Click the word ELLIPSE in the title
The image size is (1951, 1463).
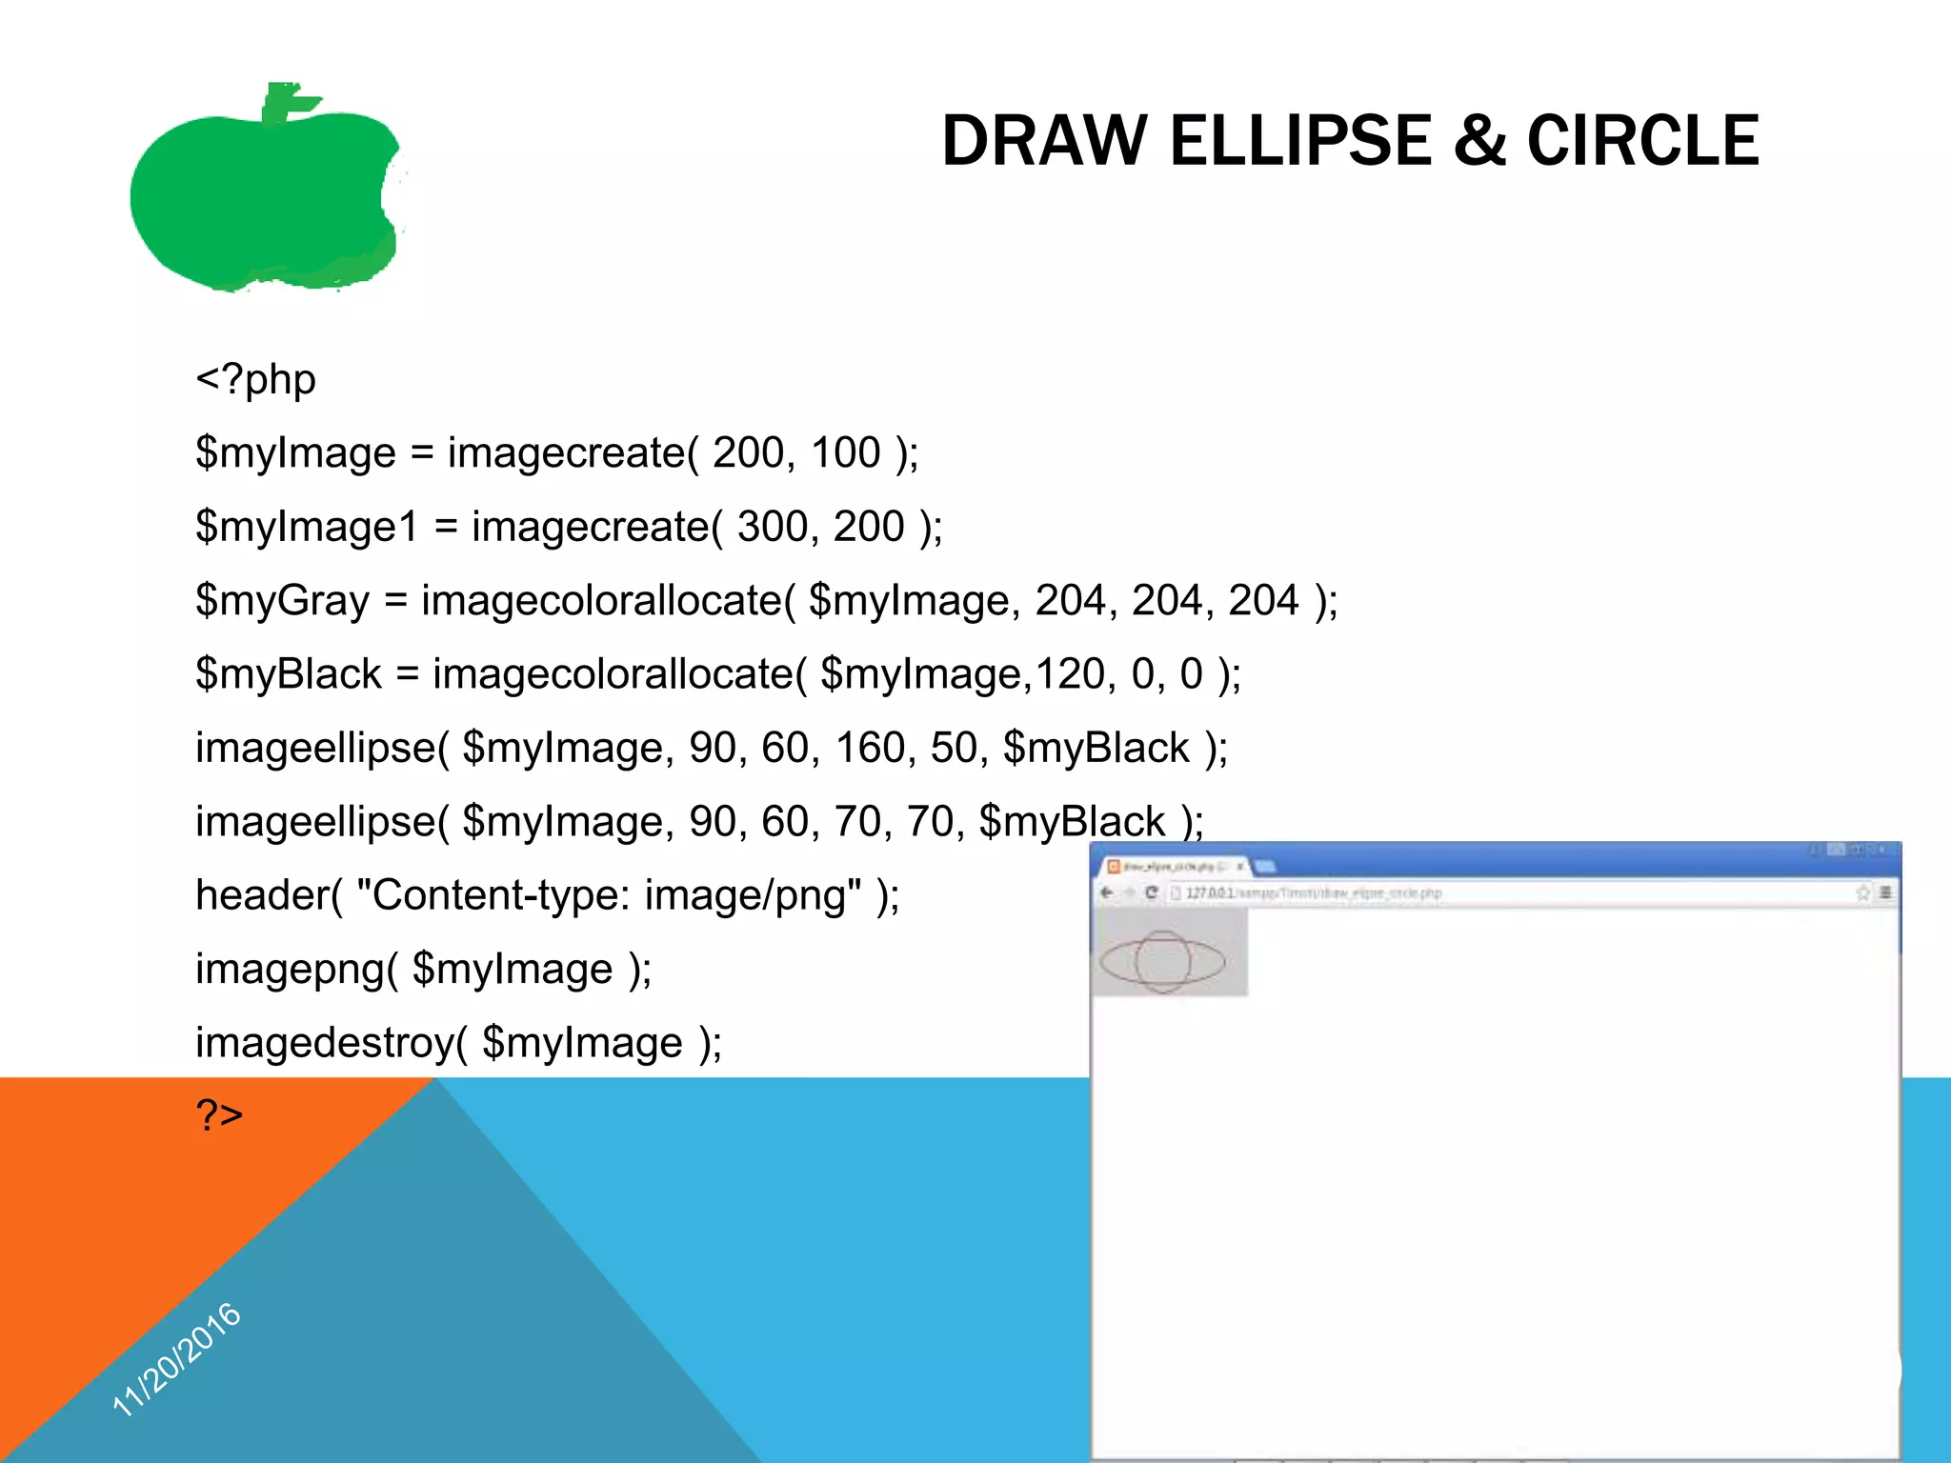coord(1300,141)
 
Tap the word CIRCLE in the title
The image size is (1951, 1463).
coord(1643,141)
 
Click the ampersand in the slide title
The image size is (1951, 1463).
coord(1479,141)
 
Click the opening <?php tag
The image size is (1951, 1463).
coord(255,379)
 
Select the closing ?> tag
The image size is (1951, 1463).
coord(219,1113)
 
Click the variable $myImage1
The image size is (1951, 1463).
coord(306,527)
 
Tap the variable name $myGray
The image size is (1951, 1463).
coord(282,601)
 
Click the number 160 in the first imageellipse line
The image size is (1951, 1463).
coord(870,748)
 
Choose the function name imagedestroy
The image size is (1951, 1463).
coord(324,1043)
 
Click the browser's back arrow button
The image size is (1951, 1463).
coord(1107,892)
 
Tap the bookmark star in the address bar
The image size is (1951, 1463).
coord(1862,892)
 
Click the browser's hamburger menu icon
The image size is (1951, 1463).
coord(1885,892)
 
